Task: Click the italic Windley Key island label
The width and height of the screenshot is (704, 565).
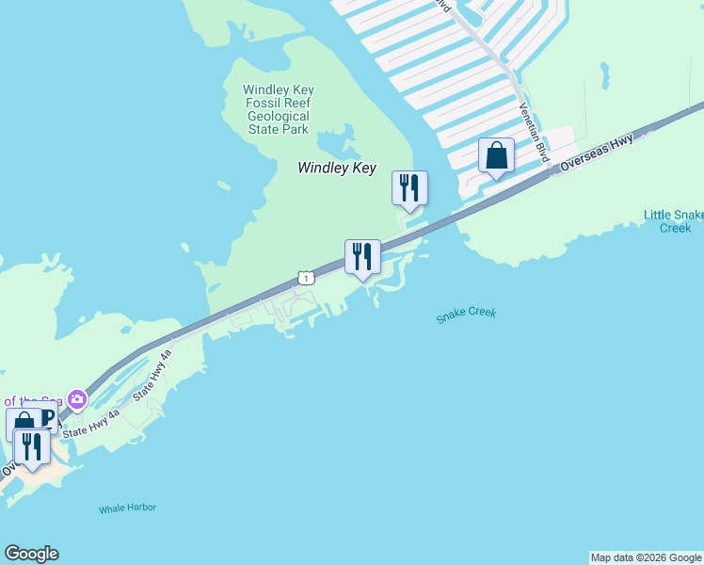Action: [x=337, y=168]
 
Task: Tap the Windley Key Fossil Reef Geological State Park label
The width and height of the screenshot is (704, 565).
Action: [x=279, y=109]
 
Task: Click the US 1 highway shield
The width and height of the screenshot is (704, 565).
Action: [x=305, y=277]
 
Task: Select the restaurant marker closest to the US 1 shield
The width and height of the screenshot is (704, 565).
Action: [x=362, y=257]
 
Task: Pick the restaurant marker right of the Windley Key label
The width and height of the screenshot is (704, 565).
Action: [x=409, y=188]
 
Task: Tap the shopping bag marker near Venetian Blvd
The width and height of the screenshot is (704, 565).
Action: [x=496, y=156]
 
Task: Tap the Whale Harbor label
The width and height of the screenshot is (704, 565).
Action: [x=128, y=508]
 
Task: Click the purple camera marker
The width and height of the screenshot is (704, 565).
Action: [x=77, y=400]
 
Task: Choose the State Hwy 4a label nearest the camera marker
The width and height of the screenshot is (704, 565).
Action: [x=90, y=422]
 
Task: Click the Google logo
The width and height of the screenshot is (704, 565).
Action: [x=31, y=554]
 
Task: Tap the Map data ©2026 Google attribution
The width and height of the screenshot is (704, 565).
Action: [x=646, y=557]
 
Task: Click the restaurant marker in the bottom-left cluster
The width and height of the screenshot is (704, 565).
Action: [x=33, y=446]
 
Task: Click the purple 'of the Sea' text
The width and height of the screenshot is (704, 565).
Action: [x=33, y=401]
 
